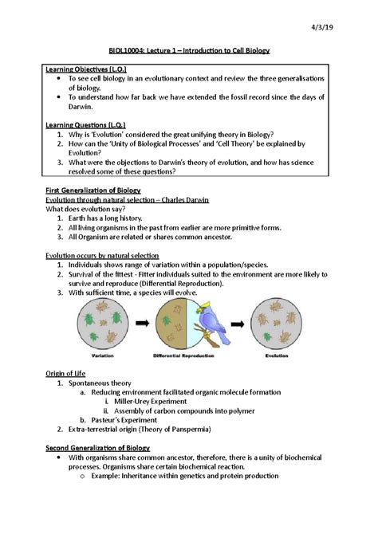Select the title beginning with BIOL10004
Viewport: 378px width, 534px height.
(189, 50)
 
